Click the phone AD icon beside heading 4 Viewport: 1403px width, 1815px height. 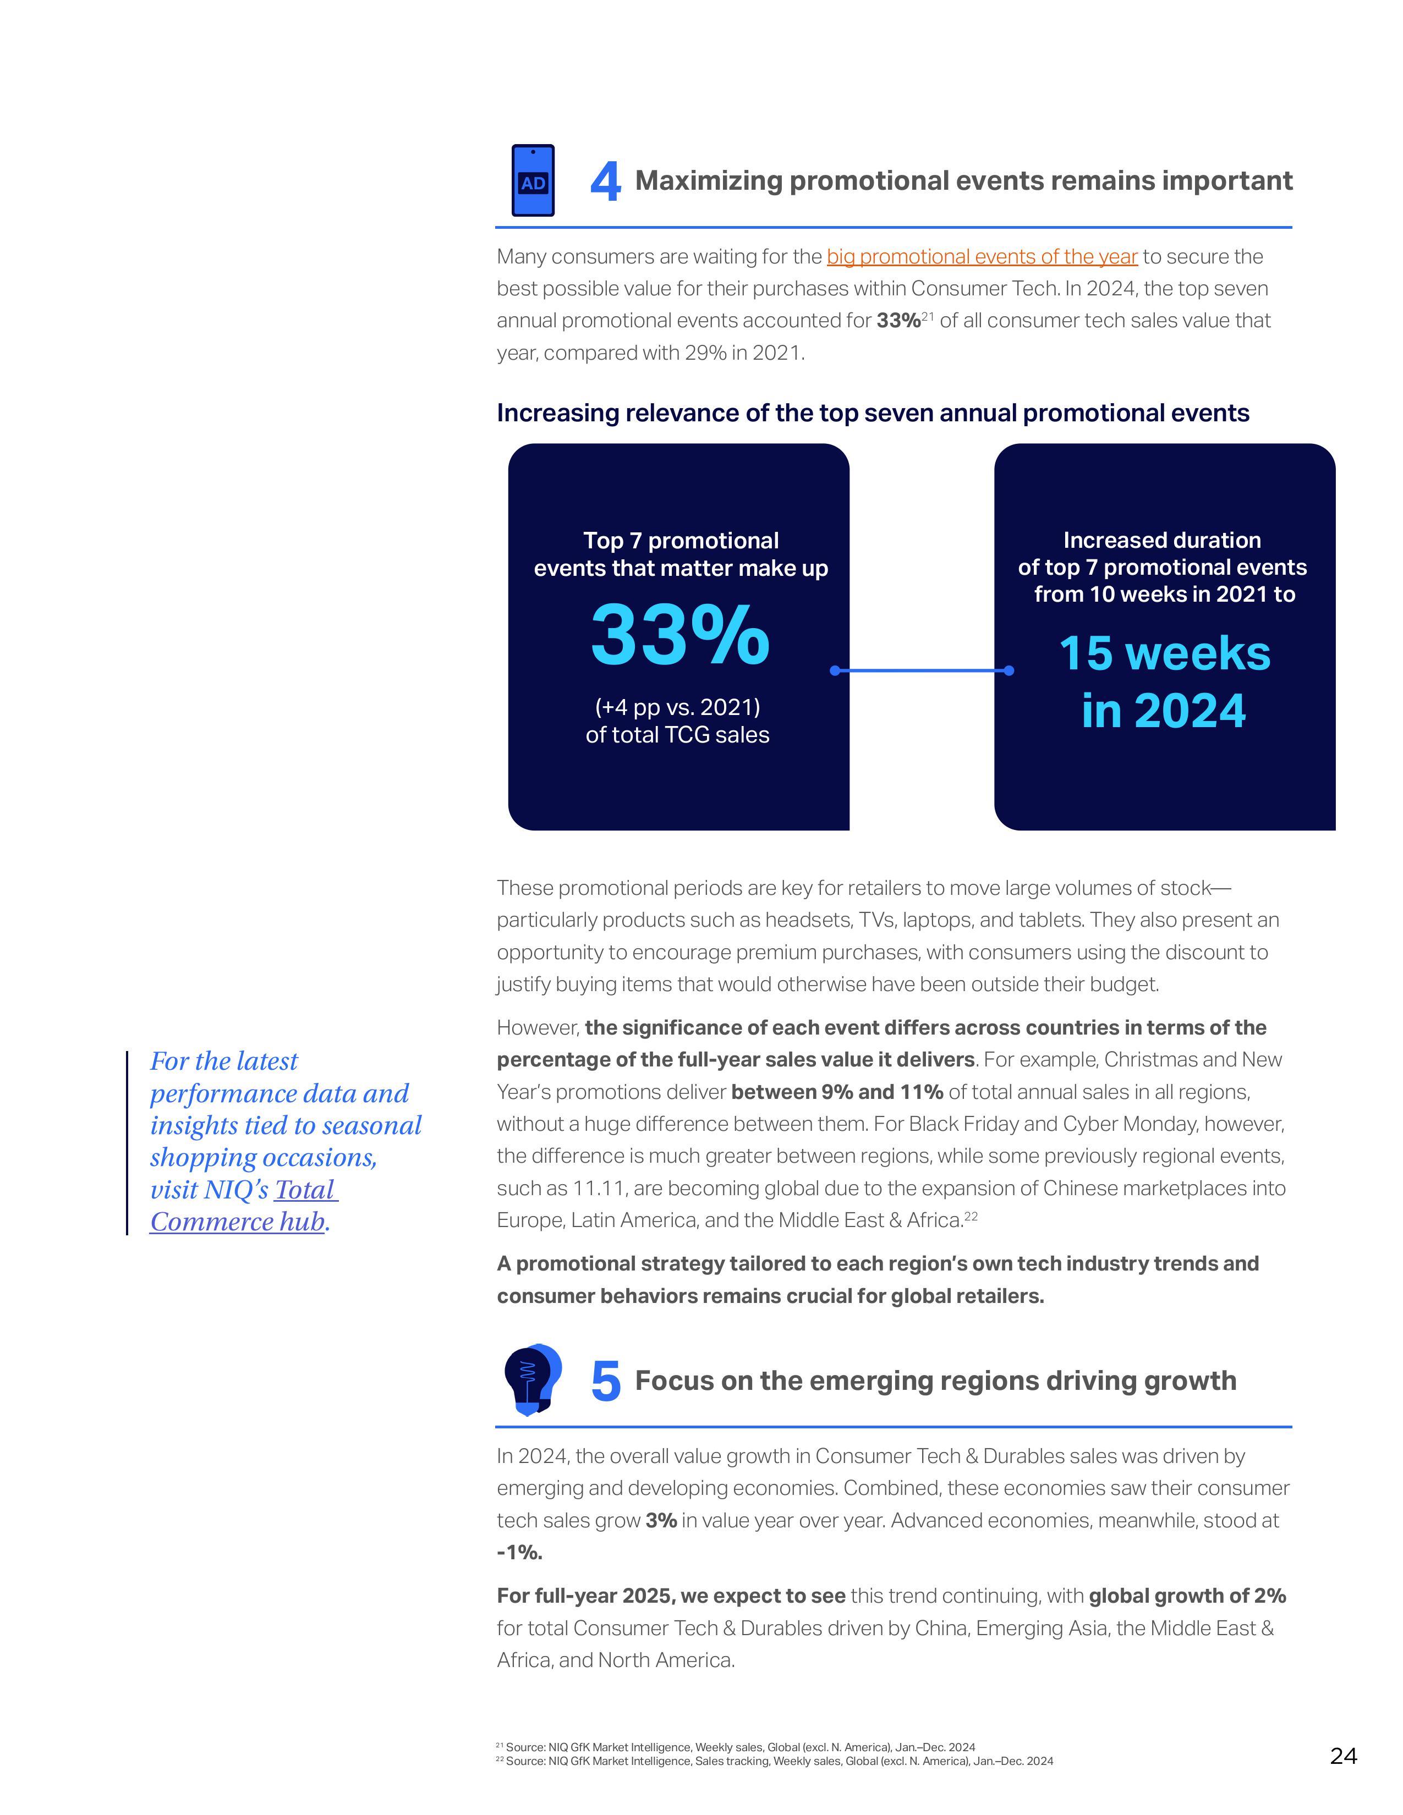pos(533,181)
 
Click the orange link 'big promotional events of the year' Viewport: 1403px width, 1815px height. pos(982,257)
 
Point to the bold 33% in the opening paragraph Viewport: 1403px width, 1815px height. pos(898,321)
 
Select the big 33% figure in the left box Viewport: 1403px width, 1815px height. pos(680,636)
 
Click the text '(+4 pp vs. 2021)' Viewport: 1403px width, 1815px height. pos(677,707)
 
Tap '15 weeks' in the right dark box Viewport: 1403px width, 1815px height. pos(1164,653)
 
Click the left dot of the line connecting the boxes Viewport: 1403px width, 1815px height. pos(835,670)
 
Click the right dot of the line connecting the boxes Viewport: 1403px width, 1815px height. pos(1009,670)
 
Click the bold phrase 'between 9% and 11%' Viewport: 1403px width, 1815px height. pos(837,1092)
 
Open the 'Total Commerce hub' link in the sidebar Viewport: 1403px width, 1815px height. pos(244,1206)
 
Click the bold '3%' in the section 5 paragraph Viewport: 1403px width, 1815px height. pos(661,1521)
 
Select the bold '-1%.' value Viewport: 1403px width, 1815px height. pos(519,1553)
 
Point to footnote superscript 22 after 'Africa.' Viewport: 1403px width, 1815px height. pos(971,1217)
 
